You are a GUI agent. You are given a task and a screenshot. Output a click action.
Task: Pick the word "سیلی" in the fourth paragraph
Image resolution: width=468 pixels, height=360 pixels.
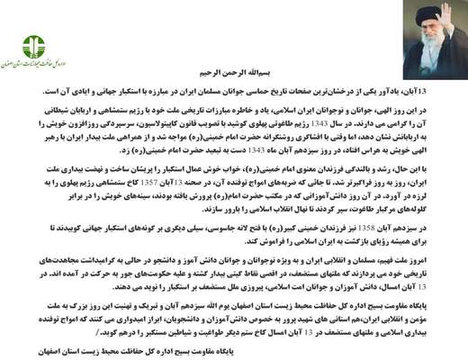click(232, 229)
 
